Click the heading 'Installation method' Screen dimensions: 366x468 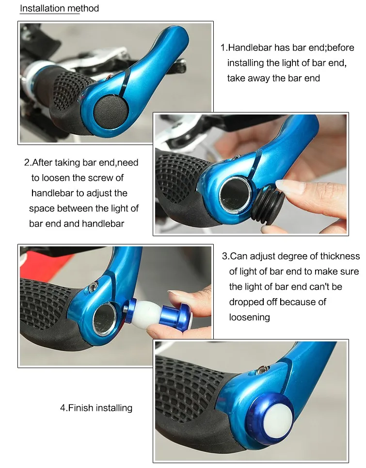(x=59, y=8)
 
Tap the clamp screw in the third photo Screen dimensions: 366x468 (x=93, y=287)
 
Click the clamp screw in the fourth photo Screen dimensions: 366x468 (x=262, y=371)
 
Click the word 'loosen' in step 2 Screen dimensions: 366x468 (x=55, y=178)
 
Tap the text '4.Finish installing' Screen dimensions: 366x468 (x=96, y=408)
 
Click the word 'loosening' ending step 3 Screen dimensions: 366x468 (x=249, y=317)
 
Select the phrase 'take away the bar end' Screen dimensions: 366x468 (x=273, y=78)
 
